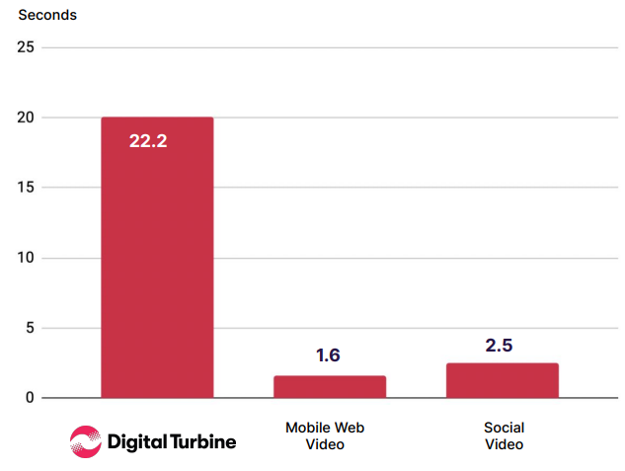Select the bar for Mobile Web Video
330,386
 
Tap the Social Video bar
503,380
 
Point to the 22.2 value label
148,141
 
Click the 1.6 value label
328,355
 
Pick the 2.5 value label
501,346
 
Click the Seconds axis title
47,15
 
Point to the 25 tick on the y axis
26,47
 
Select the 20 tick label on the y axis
26,118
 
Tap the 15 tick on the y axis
26,188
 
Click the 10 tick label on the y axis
26,258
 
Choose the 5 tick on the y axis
30,328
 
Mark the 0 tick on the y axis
30,398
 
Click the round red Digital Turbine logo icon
85,441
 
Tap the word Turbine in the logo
197,441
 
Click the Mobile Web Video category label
325,435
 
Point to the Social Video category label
504,435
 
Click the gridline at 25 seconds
395,47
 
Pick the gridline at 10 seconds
395,258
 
